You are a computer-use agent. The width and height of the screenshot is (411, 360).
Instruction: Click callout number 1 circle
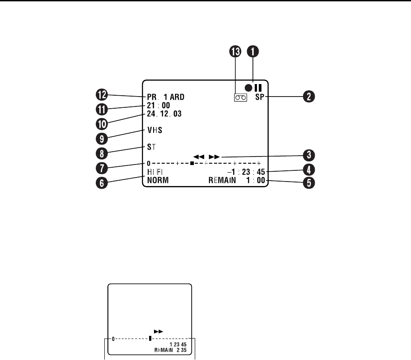pos(253,51)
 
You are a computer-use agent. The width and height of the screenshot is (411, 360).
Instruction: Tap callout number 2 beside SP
pos(309,96)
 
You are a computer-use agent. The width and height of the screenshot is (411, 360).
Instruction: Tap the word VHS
pos(155,131)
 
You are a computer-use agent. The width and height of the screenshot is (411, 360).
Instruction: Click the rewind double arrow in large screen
pos(198,157)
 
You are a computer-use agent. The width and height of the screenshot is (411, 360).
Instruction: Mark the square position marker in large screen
pos(192,164)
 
